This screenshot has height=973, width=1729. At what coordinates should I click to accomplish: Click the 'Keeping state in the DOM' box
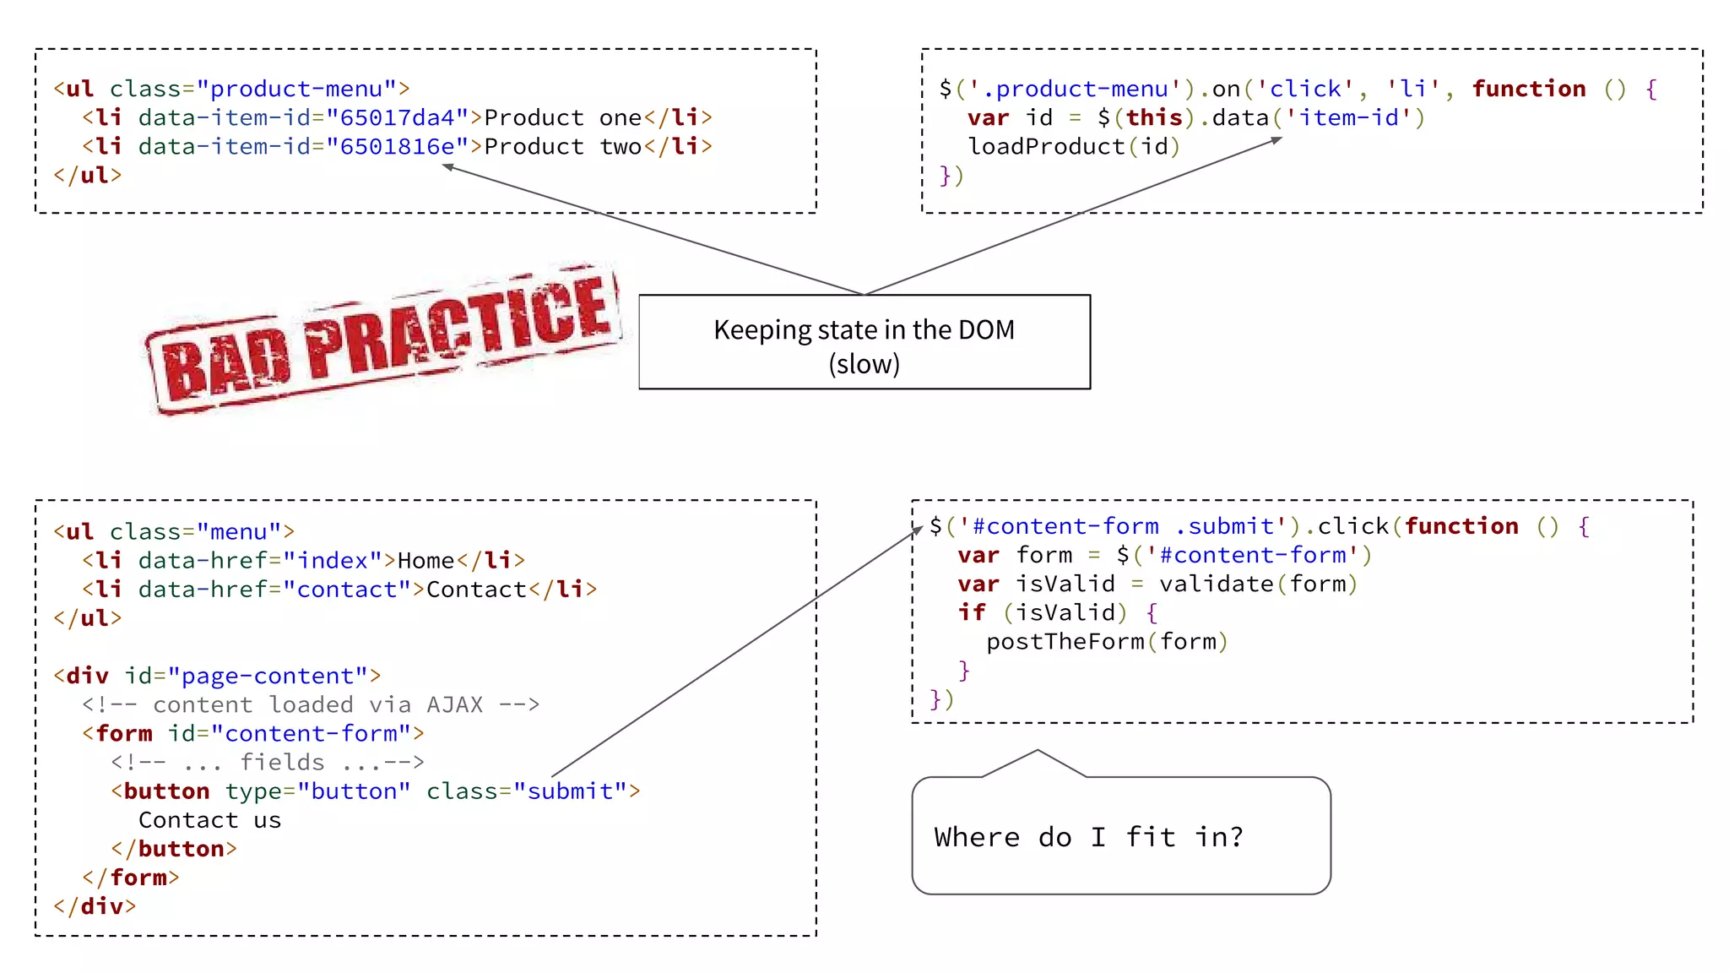(x=864, y=342)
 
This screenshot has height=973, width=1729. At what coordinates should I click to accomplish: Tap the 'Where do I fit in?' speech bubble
(x=1120, y=835)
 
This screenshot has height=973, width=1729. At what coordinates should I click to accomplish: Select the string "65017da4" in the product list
(x=398, y=117)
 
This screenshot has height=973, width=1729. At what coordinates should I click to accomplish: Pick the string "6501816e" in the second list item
(x=398, y=146)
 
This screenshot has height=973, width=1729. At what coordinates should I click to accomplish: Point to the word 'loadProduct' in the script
(x=1046, y=146)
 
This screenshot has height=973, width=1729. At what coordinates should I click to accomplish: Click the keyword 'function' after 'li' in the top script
(x=1528, y=89)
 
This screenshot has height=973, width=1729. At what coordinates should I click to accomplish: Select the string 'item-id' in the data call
(x=1348, y=117)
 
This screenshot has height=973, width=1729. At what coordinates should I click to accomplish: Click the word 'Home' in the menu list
(x=425, y=560)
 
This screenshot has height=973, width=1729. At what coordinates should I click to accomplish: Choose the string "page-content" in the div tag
(x=268, y=676)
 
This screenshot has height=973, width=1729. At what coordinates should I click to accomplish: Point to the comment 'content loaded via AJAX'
(x=317, y=704)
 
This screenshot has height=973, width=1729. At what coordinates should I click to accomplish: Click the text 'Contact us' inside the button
(x=209, y=819)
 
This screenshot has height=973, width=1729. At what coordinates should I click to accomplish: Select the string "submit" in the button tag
(x=571, y=791)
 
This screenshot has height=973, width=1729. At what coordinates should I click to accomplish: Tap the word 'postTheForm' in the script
(x=1065, y=641)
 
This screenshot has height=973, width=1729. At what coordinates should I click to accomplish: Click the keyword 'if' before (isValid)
(x=971, y=612)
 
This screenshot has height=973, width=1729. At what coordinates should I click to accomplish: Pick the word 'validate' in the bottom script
(x=1216, y=584)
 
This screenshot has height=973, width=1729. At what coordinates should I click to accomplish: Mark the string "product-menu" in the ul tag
(x=296, y=89)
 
